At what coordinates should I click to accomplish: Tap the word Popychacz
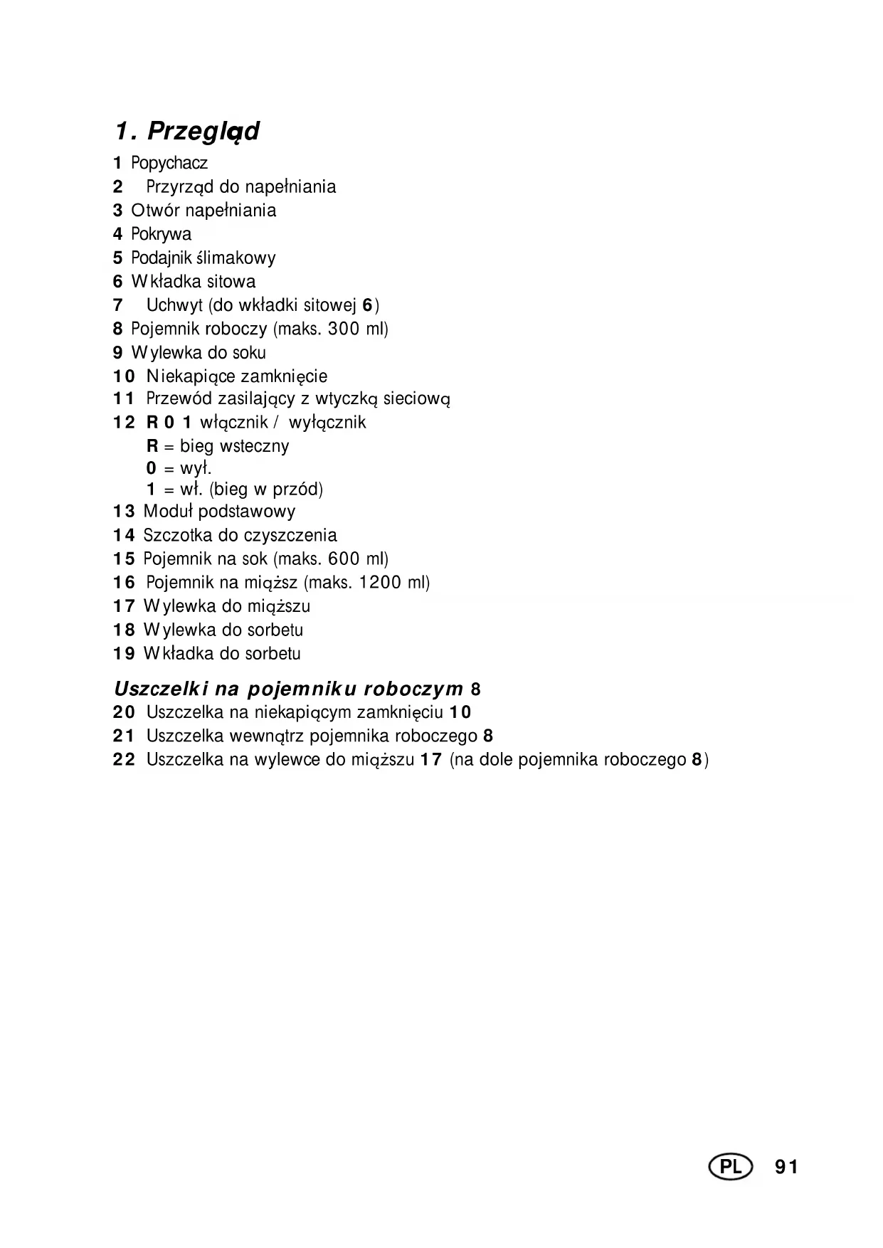point(169,163)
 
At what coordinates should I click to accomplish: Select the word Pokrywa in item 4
point(161,234)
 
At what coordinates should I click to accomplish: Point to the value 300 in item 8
point(344,329)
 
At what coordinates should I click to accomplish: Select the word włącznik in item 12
point(233,423)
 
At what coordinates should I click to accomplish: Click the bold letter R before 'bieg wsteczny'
point(152,446)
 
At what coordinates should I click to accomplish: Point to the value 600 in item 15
point(344,559)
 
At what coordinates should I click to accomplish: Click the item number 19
point(124,654)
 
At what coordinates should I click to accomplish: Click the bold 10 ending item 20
point(460,712)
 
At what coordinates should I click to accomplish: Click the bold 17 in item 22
point(430,759)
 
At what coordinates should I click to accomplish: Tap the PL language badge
point(730,1167)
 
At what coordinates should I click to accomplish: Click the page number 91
point(786,1167)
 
